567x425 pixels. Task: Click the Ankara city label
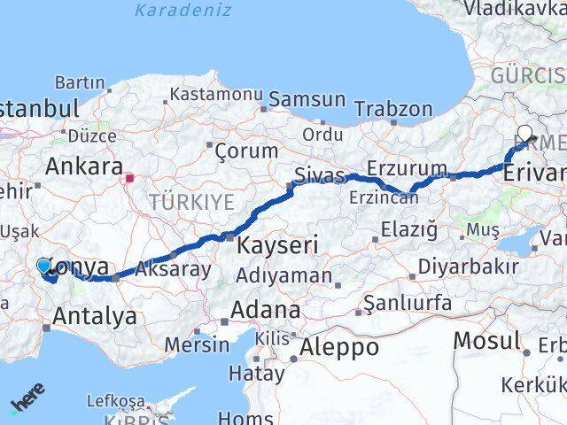click(x=83, y=166)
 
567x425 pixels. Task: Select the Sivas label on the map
click(x=317, y=175)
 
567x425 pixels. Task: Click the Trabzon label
click(x=392, y=109)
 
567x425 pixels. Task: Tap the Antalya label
click(x=95, y=315)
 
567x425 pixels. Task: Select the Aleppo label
click(x=338, y=346)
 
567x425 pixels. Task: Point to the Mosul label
click(x=486, y=340)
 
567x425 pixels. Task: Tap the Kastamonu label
click(x=212, y=94)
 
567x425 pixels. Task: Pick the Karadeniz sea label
click(x=183, y=11)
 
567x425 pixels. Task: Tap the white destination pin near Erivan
click(x=524, y=135)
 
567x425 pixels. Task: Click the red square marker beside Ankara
click(x=130, y=177)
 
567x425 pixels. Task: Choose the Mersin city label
click(x=197, y=344)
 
